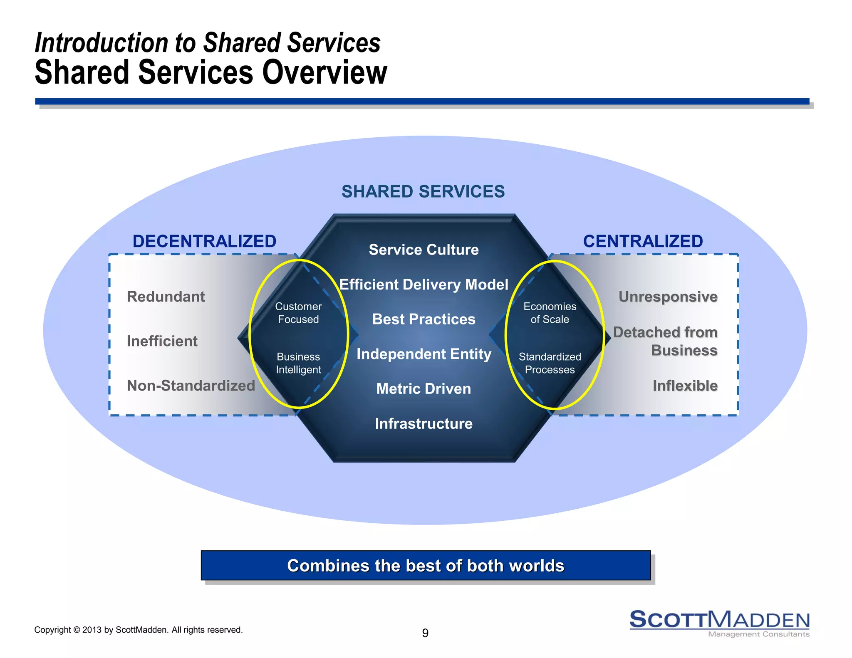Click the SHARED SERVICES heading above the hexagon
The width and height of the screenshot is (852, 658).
pos(423,192)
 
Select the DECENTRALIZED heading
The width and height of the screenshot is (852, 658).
pos(204,241)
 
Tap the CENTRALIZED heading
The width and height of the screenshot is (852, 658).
pos(643,241)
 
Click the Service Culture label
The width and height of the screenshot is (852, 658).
pos(424,250)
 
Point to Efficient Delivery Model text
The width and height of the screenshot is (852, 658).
pos(424,284)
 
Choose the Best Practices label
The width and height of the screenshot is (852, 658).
pos(424,319)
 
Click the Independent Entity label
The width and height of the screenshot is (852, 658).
pos(424,354)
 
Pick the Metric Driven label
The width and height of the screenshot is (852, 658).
pos(424,388)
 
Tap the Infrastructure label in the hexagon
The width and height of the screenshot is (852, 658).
pos(424,423)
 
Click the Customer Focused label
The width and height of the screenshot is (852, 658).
pos(298,313)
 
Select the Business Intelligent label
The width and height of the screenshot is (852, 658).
pos(298,363)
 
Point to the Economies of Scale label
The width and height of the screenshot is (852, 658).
pos(550,313)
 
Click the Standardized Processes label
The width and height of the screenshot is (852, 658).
pos(550,363)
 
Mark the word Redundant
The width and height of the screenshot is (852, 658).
pos(166,297)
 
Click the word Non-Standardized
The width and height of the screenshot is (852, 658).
pos(191,386)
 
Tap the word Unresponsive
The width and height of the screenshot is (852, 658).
pos(668,297)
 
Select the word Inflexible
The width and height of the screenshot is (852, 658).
pos(685,386)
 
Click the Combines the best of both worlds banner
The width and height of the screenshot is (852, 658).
pos(426,566)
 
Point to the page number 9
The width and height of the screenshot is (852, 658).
pos(425,633)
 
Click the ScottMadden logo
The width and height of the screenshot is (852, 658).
pos(719,623)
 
